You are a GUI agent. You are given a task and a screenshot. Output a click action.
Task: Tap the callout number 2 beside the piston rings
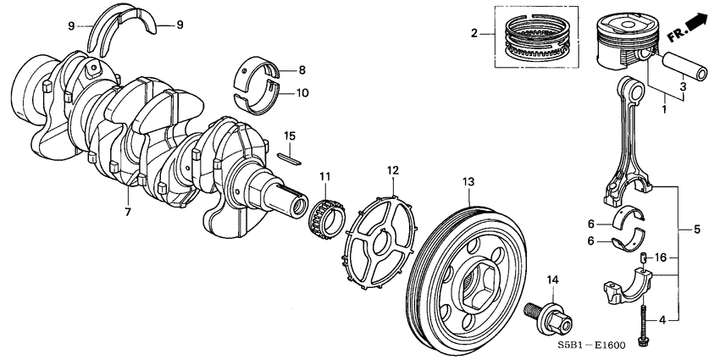[474, 34]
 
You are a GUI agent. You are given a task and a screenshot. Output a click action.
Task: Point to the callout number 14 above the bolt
[552, 280]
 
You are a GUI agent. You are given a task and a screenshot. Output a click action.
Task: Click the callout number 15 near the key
[289, 136]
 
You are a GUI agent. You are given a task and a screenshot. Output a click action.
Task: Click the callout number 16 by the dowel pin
[662, 257]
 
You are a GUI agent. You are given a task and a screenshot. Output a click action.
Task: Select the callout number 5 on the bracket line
[696, 229]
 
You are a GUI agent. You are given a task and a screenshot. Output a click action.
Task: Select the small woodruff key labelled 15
[289, 155]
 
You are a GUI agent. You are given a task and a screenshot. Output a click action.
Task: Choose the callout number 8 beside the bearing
[302, 70]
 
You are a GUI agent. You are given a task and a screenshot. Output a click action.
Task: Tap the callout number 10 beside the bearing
[303, 92]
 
